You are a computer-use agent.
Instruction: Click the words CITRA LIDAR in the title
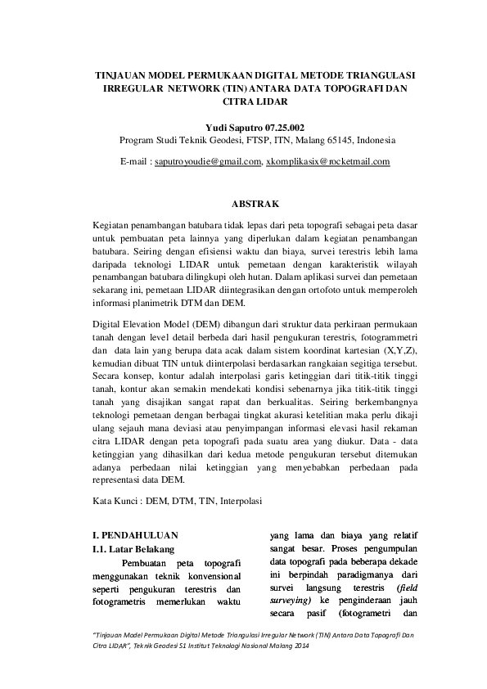pos(255,102)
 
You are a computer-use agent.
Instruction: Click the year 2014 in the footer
pos(301,646)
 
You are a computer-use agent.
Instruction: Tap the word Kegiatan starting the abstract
pos(115,222)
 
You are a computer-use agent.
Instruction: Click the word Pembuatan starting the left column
pos(148,564)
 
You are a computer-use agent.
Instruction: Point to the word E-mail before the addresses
pos(133,162)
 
